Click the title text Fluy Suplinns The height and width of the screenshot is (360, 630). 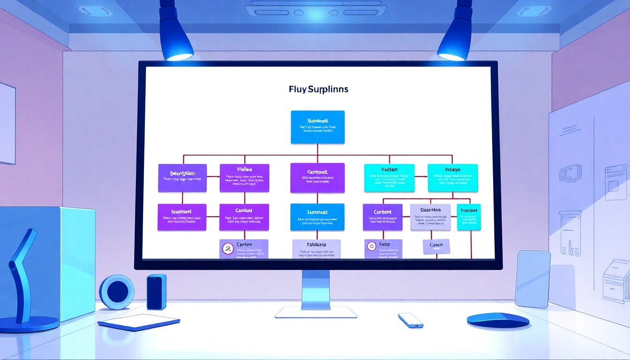318,89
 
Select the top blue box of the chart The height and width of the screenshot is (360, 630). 317,127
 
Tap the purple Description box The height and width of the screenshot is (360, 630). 182,178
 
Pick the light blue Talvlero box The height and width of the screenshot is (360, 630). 316,249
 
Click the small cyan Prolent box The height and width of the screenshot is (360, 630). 468,217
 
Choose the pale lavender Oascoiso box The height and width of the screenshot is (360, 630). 430,217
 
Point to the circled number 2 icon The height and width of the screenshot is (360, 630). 228,249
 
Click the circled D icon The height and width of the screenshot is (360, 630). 372,246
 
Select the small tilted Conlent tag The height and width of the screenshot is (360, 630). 436,246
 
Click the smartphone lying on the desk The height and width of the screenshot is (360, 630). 411,320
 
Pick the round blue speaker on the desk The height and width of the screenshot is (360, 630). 117,292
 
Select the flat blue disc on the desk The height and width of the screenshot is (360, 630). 498,320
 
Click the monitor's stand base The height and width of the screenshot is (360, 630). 316,312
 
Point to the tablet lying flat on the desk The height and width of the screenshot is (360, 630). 139,322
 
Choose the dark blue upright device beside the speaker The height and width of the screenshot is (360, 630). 157,292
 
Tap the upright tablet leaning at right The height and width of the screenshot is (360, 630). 532,279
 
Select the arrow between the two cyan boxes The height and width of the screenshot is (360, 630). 421,177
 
